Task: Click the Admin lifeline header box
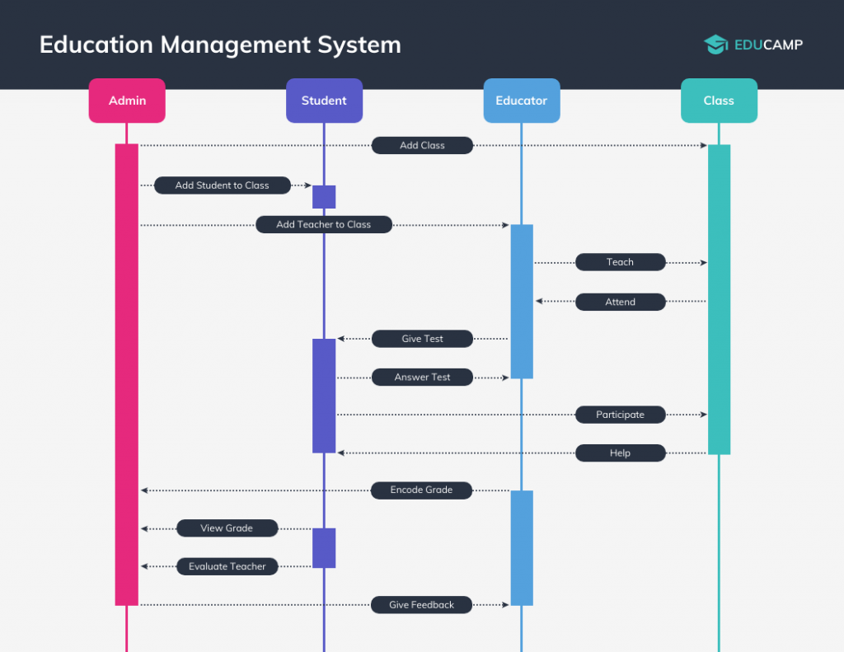[127, 101]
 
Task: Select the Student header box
[324, 101]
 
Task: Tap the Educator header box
[521, 101]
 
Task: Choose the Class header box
[719, 101]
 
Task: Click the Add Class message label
[422, 146]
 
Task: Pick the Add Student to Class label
[223, 185]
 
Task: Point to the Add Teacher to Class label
[323, 224]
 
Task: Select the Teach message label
[620, 262]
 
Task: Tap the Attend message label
[620, 302]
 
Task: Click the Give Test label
[422, 339]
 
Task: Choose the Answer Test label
[422, 378]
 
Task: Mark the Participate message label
[620, 415]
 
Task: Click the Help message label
[620, 453]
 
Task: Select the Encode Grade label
[421, 490]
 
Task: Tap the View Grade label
[227, 528]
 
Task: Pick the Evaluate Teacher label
[227, 566]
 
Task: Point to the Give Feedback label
[421, 605]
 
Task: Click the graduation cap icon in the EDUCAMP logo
[715, 45]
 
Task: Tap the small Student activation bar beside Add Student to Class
[324, 197]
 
